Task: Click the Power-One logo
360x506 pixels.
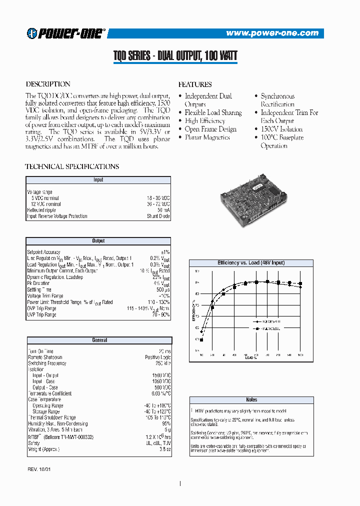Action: point(66,33)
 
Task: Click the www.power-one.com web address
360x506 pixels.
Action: point(272,33)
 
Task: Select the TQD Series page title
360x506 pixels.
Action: point(175,56)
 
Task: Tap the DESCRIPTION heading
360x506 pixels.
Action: point(48,84)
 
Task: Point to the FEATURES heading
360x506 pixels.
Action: point(195,84)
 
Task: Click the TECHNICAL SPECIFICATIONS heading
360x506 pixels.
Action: point(72,166)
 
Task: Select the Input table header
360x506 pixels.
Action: point(98,179)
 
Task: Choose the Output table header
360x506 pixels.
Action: point(98,241)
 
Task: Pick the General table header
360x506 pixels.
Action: point(99,340)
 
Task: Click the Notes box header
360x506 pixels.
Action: point(251,399)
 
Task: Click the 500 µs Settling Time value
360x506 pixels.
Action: point(163,290)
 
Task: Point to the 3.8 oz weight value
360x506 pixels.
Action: point(164,449)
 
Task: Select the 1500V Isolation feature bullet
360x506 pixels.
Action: point(281,129)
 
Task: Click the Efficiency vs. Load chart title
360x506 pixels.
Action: point(251,263)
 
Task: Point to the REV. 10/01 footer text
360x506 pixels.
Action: point(40,470)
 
